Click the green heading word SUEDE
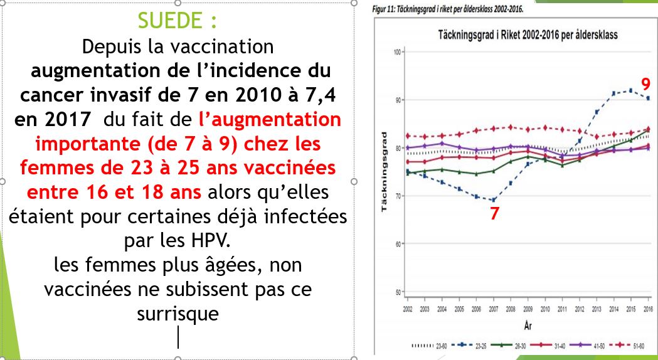coord(171,21)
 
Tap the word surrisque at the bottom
coord(178,313)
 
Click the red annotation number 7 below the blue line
coord(495,213)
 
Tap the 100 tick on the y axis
coord(396,52)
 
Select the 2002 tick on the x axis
coord(408,310)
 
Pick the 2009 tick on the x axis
coord(528,310)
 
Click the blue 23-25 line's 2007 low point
coord(494,200)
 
